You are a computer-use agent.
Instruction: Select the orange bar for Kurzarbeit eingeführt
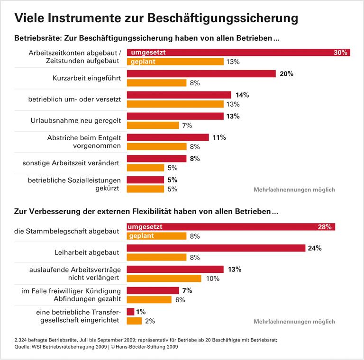(x=156, y=83)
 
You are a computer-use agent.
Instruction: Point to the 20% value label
(x=287, y=74)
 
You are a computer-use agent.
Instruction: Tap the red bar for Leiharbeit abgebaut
(x=216, y=248)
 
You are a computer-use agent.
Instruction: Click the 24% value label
(x=315, y=248)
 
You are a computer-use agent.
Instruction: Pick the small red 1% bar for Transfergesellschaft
(x=130, y=312)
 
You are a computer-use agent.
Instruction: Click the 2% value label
(x=150, y=321)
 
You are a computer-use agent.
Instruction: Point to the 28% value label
(x=324, y=227)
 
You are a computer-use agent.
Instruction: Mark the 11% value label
(x=219, y=137)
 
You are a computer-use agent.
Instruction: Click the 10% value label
(x=212, y=279)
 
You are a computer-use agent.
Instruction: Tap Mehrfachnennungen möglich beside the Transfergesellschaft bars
(x=294, y=322)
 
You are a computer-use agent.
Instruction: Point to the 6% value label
(x=180, y=300)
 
